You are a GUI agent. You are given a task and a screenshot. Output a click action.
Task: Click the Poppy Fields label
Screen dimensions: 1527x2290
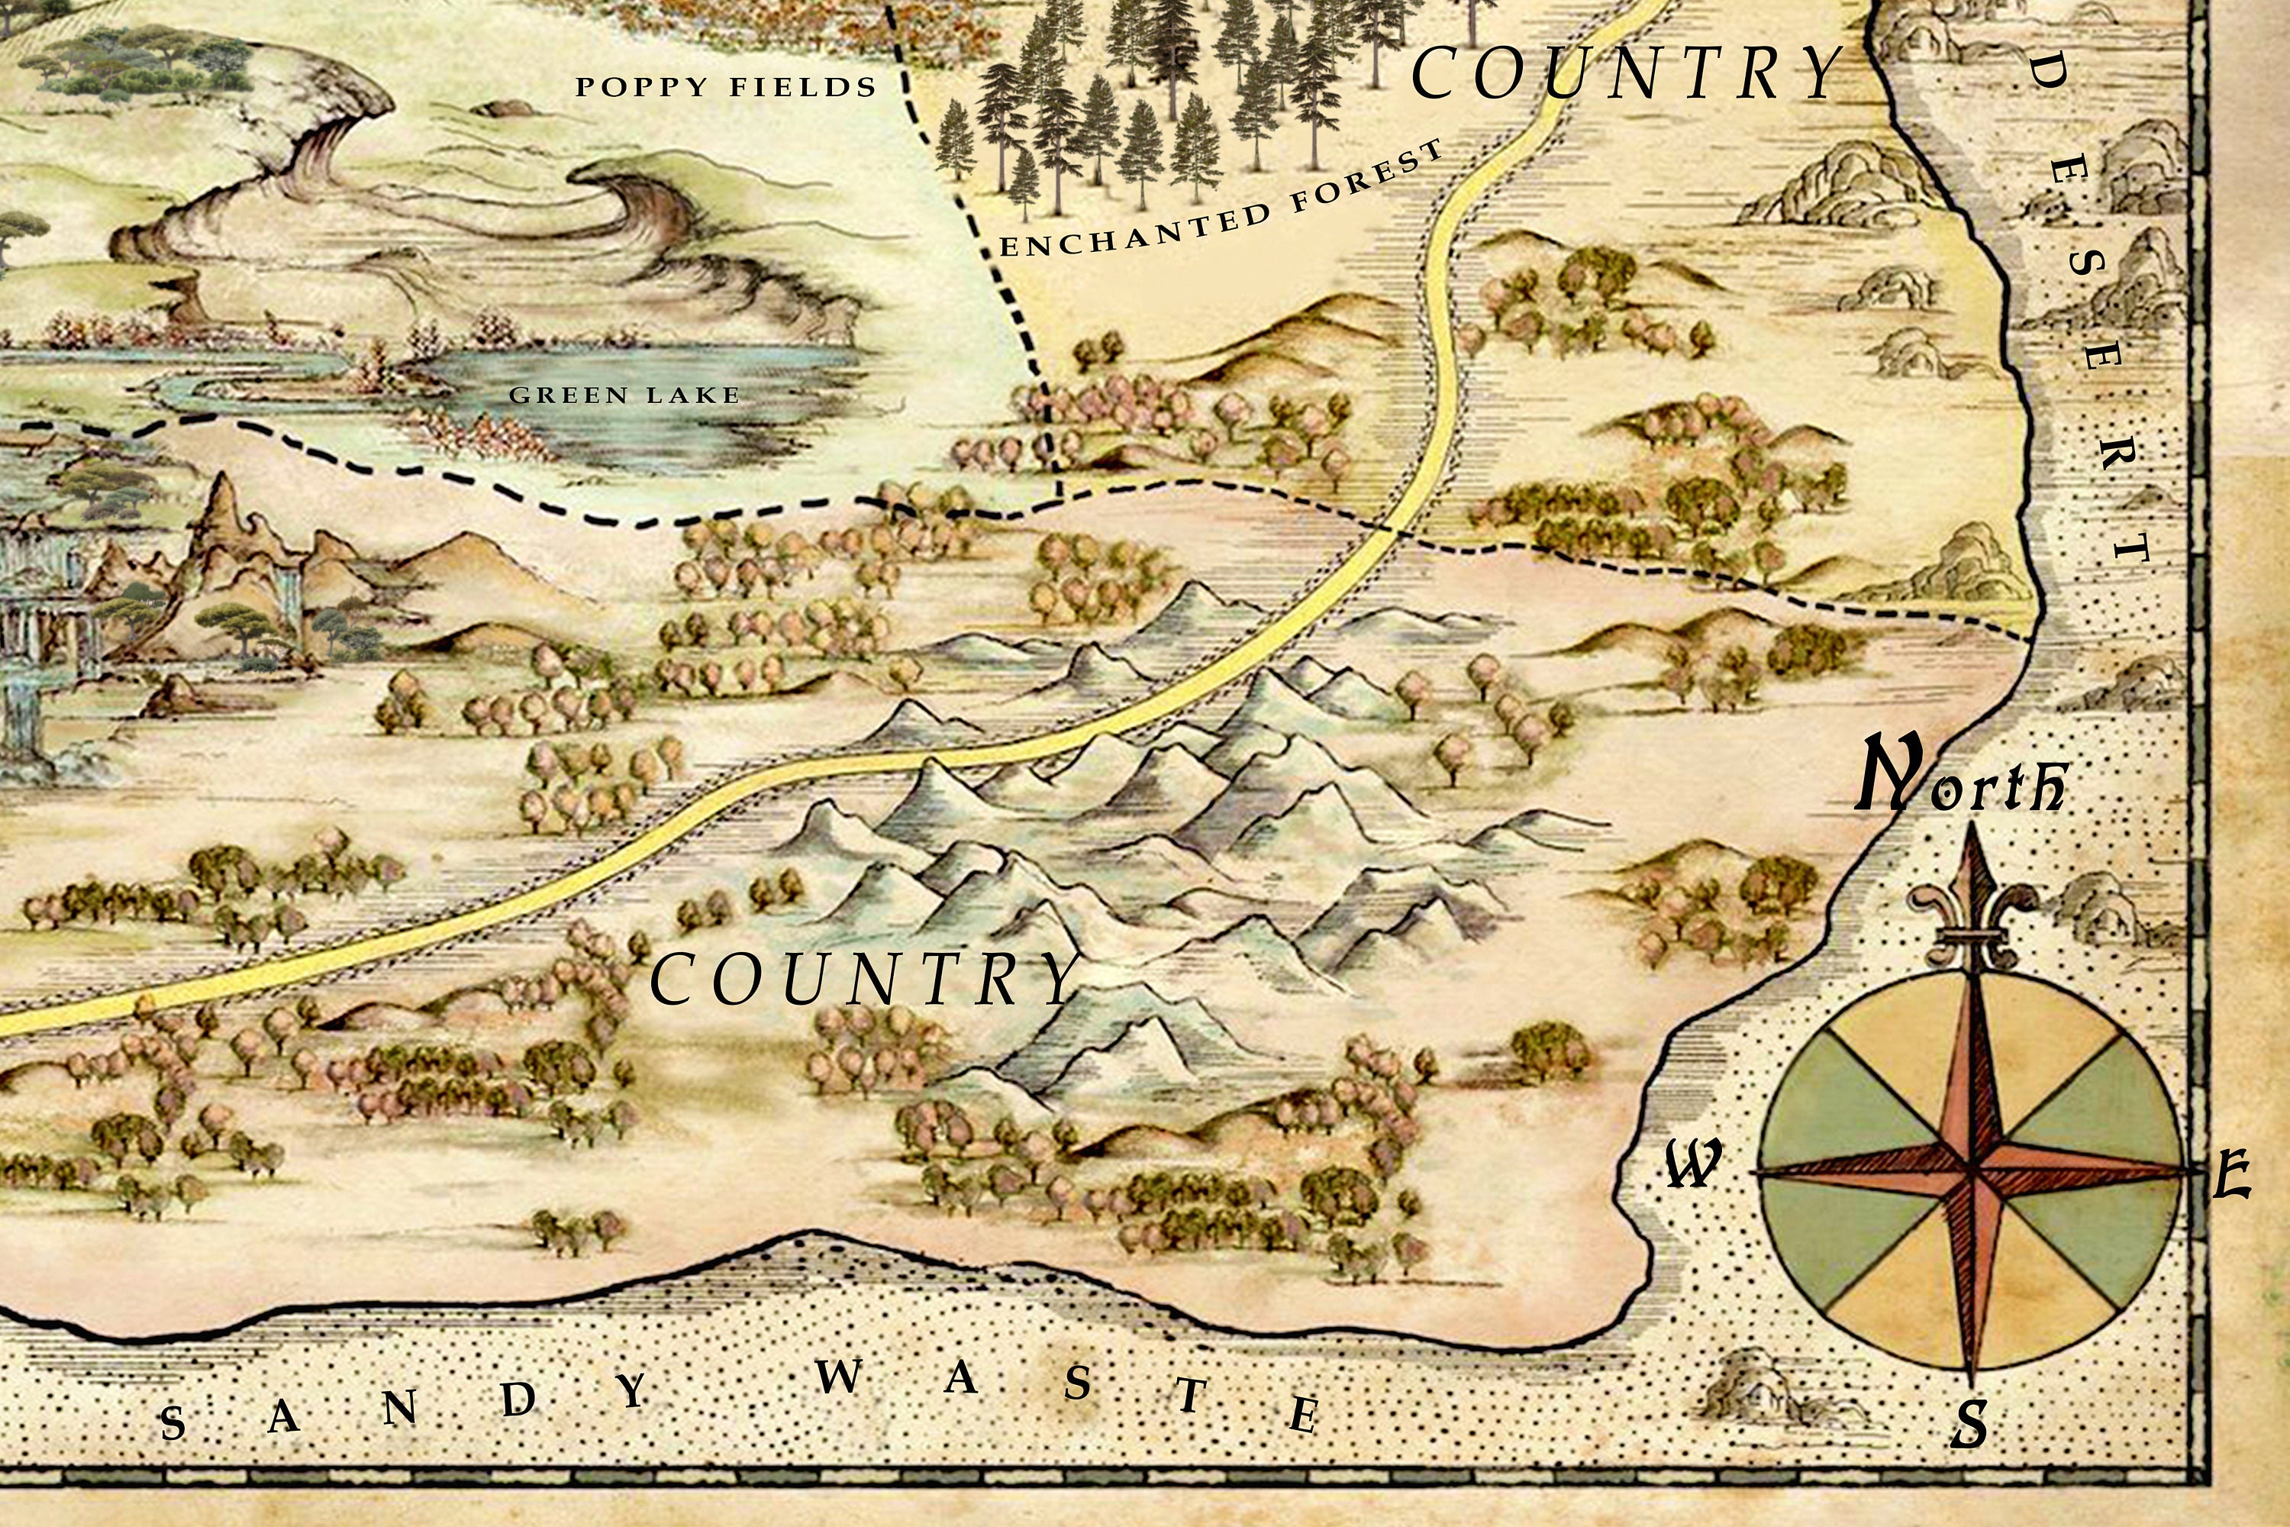click(x=725, y=88)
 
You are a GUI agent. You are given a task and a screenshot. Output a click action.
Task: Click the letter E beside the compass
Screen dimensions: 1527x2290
click(x=2230, y=1176)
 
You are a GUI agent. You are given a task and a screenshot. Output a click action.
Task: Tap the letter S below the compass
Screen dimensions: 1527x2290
click(x=1969, y=1425)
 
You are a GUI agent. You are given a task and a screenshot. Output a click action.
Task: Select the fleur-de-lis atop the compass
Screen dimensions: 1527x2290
click(x=1972, y=906)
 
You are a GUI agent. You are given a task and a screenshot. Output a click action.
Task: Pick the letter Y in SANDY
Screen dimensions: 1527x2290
click(x=633, y=1390)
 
